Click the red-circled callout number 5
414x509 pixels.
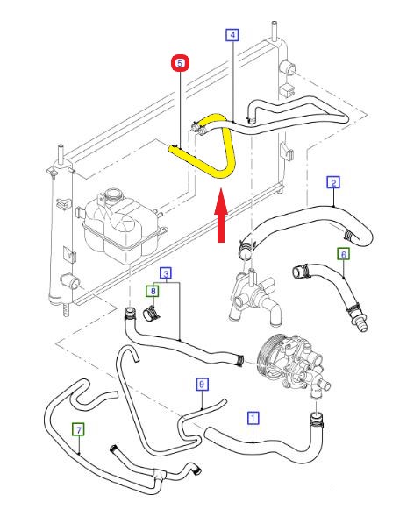[x=180, y=63]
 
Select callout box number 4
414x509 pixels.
[x=232, y=35]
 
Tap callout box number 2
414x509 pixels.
[x=333, y=182]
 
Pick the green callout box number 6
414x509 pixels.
[x=344, y=254]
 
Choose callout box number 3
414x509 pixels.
[x=166, y=273]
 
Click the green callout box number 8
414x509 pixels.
[x=153, y=291]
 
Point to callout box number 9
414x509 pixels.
[x=202, y=385]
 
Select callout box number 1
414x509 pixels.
[x=253, y=418]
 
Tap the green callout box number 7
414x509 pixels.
[x=79, y=430]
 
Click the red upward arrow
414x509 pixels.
[x=221, y=215]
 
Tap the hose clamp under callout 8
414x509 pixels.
[x=151, y=314]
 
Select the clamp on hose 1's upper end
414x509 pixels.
[x=316, y=421]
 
